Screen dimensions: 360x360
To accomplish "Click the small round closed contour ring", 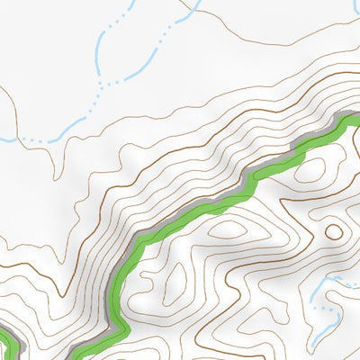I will (x=334, y=231).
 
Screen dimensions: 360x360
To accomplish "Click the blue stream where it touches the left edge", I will (x=3, y=140).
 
